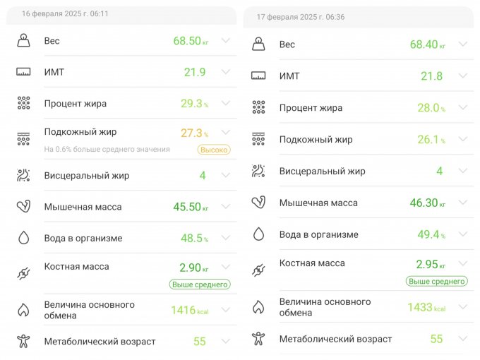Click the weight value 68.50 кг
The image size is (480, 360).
(191, 41)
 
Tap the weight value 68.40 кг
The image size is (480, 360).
(427, 44)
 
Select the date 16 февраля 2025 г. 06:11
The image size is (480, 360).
(65, 13)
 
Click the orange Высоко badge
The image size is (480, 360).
(213, 150)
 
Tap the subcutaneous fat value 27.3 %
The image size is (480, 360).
(195, 133)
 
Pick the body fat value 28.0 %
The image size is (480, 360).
(431, 108)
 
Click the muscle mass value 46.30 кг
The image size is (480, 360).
(427, 203)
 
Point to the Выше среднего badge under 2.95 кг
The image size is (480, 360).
(436, 281)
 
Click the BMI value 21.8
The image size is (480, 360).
(431, 76)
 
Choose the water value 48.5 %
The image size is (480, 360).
(195, 239)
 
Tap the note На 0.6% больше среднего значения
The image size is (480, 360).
(107, 150)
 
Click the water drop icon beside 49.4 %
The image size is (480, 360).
(258, 234)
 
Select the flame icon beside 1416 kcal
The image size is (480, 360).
(23, 310)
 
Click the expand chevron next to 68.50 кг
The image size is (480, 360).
(226, 41)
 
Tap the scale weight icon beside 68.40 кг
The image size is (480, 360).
(258, 44)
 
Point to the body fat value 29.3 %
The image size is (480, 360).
(195, 104)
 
